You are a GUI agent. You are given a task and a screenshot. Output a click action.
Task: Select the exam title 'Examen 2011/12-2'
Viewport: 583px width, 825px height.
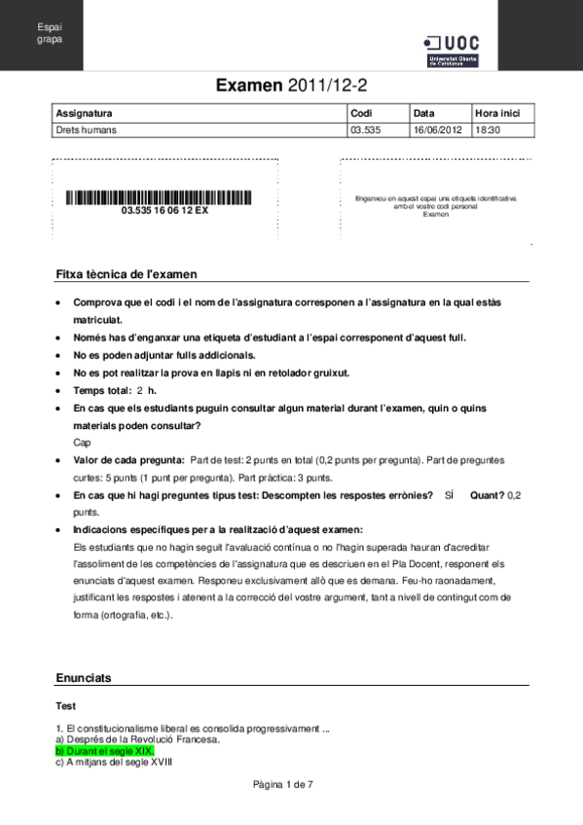[291, 87]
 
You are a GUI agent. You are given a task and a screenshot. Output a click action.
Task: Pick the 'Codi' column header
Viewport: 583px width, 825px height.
[361, 113]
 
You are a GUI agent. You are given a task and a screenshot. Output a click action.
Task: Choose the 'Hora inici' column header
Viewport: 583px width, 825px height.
[497, 113]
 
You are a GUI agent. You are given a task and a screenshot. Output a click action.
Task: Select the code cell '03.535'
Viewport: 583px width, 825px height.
[365, 128]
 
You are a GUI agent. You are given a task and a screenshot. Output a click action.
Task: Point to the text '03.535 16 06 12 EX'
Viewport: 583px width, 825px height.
[164, 210]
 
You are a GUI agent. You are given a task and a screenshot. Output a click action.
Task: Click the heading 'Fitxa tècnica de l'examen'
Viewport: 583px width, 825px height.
[127, 275]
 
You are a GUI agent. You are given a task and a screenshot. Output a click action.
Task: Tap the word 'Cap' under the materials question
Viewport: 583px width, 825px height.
[82, 442]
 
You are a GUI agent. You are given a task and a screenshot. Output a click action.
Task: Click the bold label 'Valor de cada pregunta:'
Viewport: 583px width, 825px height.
[128, 459]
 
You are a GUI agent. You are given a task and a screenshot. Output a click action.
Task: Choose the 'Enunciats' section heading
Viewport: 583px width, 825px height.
[84, 677]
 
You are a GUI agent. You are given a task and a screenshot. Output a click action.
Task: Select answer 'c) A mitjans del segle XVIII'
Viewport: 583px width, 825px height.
[114, 762]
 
